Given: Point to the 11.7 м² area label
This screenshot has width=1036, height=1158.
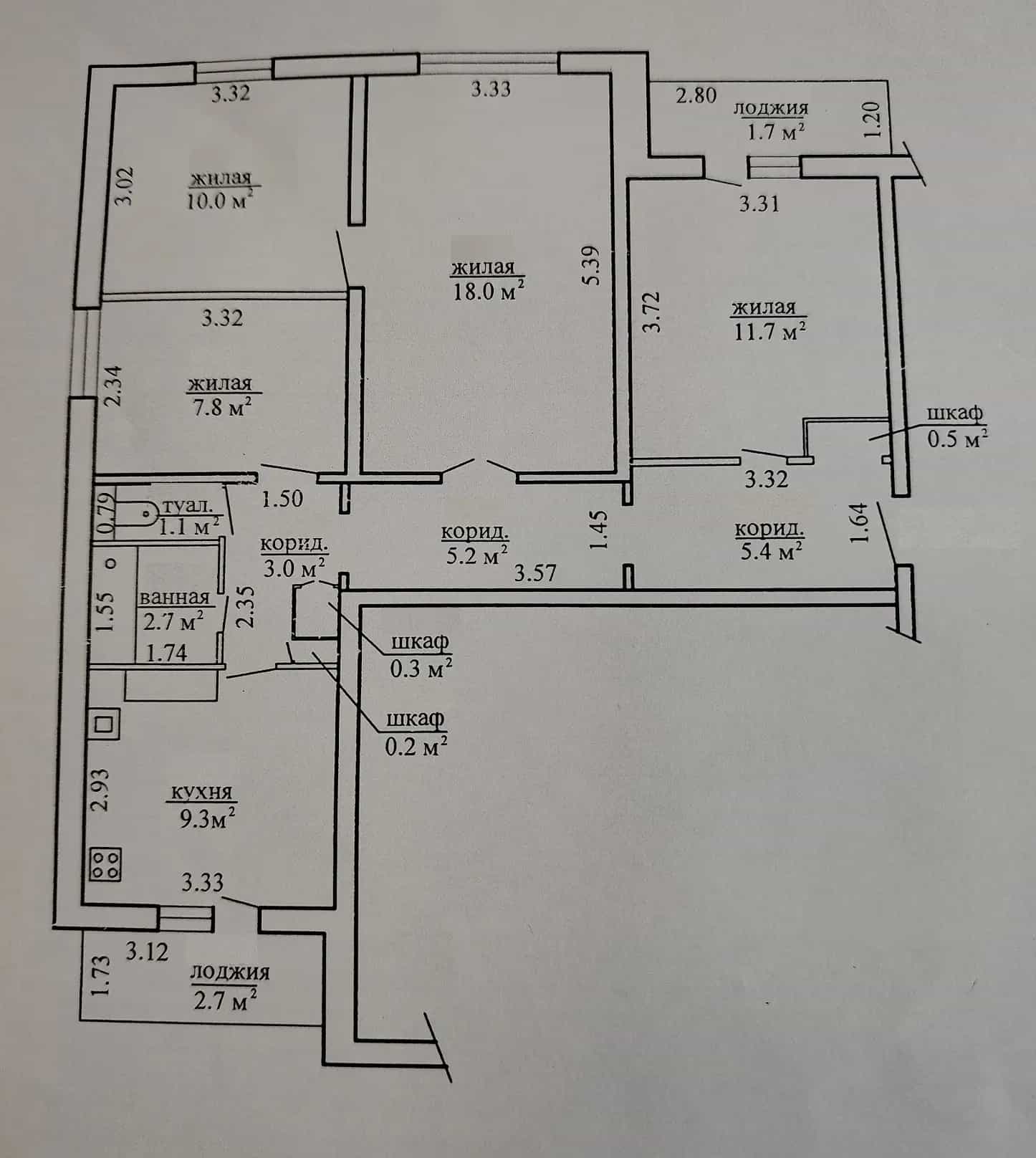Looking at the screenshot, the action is pos(769,331).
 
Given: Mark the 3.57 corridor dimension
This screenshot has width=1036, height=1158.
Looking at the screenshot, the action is pos(536,573).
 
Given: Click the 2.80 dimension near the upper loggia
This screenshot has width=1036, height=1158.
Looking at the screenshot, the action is pos(696,95).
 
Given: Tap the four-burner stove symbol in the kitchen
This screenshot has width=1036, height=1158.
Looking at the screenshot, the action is pos(106,864).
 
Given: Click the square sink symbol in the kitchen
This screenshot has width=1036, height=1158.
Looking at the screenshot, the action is pos(105,724).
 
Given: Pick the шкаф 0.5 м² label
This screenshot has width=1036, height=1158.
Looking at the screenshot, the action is pos(957,426).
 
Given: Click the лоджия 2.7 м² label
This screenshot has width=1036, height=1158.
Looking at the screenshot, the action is pos(229,987).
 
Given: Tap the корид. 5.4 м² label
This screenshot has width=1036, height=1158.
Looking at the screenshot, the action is pos(769,541).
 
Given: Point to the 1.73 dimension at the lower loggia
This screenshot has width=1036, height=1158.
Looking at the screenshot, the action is pos(100,976).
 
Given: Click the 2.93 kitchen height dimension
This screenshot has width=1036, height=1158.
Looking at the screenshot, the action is pos(101,790).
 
